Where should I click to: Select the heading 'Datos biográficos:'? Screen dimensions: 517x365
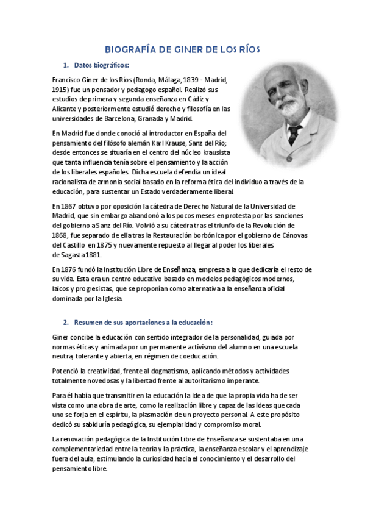click(x=101, y=65)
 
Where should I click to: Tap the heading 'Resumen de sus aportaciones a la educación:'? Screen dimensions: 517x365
click(x=143, y=322)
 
